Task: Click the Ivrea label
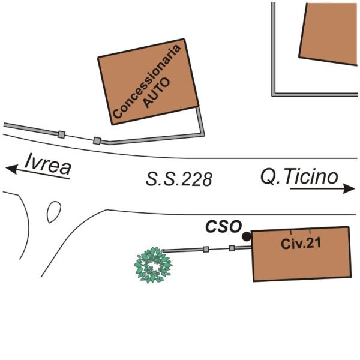[48, 163]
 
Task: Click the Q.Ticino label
[299, 176]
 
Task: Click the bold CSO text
[223, 227]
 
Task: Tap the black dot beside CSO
[247, 237]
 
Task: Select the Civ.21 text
[298, 244]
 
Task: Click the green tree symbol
[152, 265]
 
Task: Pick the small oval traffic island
[53, 211]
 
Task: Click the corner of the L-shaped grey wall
[274, 94]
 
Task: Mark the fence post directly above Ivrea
[61, 134]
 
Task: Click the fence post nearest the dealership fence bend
[97, 141]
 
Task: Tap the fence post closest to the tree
[206, 249]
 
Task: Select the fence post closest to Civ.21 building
[232, 248]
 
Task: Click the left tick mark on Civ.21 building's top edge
[291, 231]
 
